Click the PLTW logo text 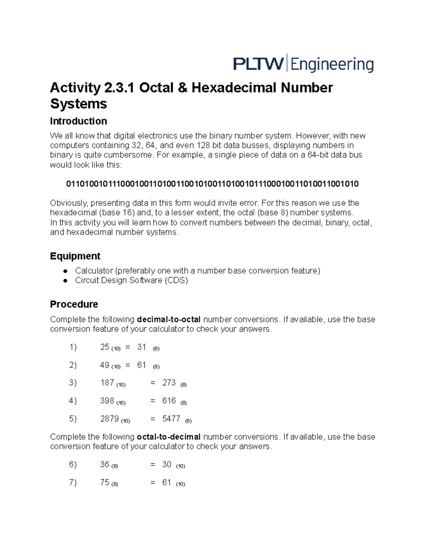point(258,64)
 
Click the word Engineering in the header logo point(332,65)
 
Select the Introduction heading point(78,121)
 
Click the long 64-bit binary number point(212,184)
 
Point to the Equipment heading point(75,256)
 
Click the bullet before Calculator point(65,271)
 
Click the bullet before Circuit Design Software point(65,280)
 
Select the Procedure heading point(74,304)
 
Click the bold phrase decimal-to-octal point(169,319)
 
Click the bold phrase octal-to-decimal point(169,436)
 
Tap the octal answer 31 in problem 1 point(142,347)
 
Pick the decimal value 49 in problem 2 point(105,365)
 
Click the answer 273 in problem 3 point(169,382)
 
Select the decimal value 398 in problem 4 point(107,401)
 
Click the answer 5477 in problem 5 point(171,419)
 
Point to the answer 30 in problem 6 point(167,464)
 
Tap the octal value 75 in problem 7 point(105,482)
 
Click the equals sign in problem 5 point(153,419)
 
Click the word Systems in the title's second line point(78,104)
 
